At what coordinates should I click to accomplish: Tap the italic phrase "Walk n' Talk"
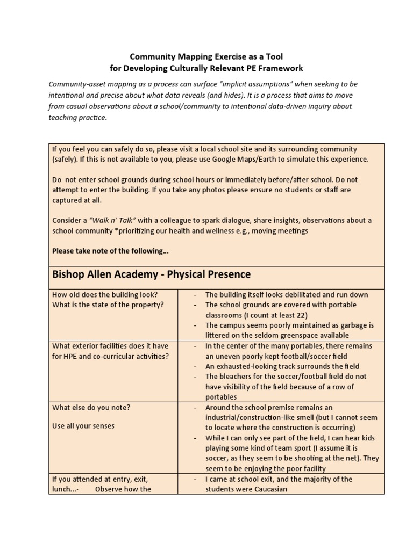(x=110, y=220)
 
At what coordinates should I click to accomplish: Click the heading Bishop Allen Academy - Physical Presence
(x=151, y=274)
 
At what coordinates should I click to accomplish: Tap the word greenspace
(x=301, y=335)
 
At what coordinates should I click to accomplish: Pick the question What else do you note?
(x=91, y=407)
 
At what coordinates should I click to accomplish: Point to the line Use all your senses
(x=83, y=426)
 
